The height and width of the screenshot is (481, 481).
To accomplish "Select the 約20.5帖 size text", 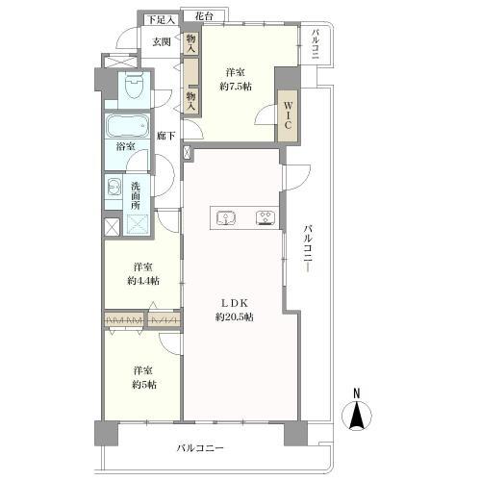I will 235,317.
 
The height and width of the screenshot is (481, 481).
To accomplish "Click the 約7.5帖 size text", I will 236,86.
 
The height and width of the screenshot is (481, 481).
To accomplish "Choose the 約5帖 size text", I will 143,384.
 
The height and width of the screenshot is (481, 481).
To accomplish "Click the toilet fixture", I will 133,89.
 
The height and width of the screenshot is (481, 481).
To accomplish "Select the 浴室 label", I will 125,147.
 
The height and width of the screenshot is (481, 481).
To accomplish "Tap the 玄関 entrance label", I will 160,40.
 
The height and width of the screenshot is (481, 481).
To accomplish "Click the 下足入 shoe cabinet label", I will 159,18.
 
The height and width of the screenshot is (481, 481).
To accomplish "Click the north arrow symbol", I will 357,416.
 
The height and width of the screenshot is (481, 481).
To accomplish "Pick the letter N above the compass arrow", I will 356,392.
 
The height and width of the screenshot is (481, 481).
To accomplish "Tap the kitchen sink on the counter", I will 228,217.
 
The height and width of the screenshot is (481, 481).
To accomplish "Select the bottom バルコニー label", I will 200,448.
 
